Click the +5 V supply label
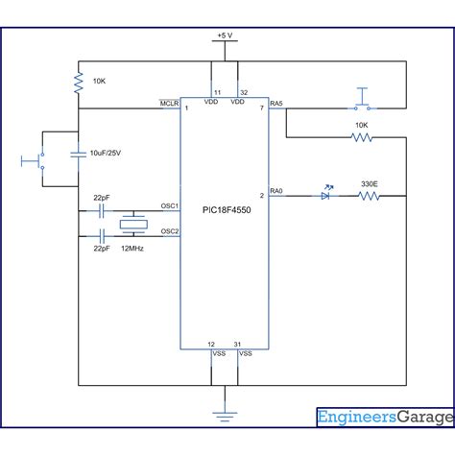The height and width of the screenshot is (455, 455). click(x=225, y=36)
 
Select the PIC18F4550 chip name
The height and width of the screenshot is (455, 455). click(x=227, y=210)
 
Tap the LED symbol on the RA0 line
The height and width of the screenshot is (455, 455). click(x=326, y=194)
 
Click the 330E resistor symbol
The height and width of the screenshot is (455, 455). click(x=369, y=196)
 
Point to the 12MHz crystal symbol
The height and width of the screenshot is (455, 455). click(x=133, y=224)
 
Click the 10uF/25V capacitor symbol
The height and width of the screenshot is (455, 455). click(x=79, y=155)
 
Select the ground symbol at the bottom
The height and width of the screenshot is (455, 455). click(x=225, y=417)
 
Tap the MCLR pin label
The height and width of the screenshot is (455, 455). click(x=169, y=104)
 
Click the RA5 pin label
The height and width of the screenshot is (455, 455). click(x=276, y=104)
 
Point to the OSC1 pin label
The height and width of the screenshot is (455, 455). click(x=170, y=205)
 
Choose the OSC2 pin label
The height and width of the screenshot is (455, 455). click(x=170, y=231)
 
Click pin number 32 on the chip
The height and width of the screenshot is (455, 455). click(x=244, y=92)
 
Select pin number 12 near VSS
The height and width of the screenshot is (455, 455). click(x=211, y=345)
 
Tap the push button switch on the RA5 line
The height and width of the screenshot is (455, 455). click(x=362, y=100)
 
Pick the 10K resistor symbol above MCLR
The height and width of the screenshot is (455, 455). click(x=79, y=83)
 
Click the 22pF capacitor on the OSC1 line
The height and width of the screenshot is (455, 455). click(x=102, y=211)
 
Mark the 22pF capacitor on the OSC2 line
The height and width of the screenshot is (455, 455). click(x=102, y=236)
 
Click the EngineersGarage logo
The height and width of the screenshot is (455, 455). click(x=385, y=418)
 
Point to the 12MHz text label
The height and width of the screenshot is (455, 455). click(x=132, y=249)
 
